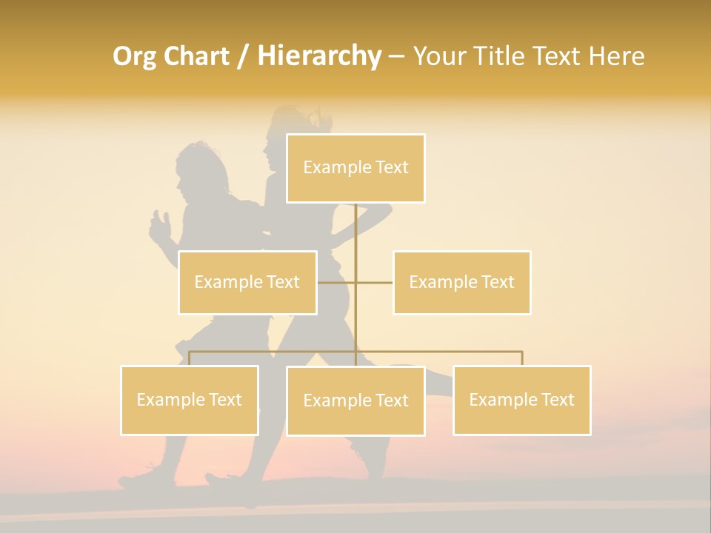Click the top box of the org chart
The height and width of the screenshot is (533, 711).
pyautogui.click(x=355, y=168)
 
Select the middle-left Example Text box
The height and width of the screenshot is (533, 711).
pyautogui.click(x=247, y=282)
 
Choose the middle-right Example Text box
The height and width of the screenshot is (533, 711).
pyautogui.click(x=461, y=282)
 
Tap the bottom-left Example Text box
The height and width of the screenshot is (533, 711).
pyautogui.click(x=190, y=400)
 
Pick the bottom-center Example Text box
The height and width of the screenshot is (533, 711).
pyautogui.click(x=355, y=400)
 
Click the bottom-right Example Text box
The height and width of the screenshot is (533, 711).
pyautogui.click(x=521, y=400)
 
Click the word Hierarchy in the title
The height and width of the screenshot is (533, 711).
pyautogui.click(x=319, y=56)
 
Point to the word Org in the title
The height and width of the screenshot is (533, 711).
pyautogui.click(x=135, y=56)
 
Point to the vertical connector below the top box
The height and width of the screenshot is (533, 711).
pyautogui.click(x=355, y=229)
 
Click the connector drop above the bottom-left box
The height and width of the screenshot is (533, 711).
pyautogui.click(x=190, y=358)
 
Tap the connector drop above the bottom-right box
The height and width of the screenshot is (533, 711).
pyautogui.click(x=521, y=358)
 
